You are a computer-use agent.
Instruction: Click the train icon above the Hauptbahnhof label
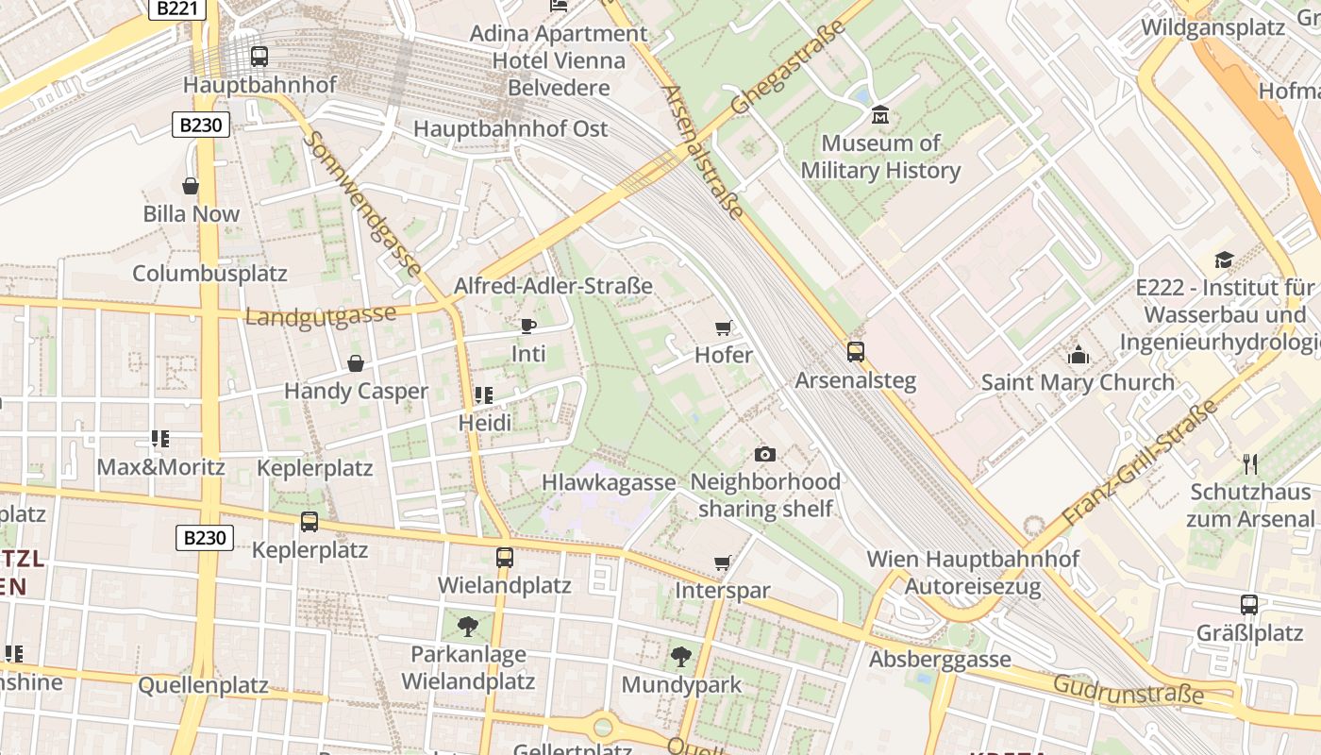pyautogui.click(x=259, y=57)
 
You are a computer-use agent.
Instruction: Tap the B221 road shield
pyautogui.click(x=176, y=8)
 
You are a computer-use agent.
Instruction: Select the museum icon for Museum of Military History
pyautogui.click(x=880, y=115)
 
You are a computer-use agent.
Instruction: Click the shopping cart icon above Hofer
pyautogui.click(x=724, y=327)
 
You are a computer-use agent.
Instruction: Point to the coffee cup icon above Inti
pyautogui.click(x=528, y=326)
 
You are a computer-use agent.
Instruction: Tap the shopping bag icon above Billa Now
pyautogui.click(x=191, y=186)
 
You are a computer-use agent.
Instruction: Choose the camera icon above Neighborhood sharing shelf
pyautogui.click(x=765, y=454)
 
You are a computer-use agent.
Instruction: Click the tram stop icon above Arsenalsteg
pyautogui.click(x=856, y=352)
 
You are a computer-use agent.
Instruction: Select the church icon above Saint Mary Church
pyautogui.click(x=1078, y=355)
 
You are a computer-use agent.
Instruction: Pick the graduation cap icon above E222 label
pyautogui.click(x=1224, y=260)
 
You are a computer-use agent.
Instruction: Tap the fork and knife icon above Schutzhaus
pyautogui.click(x=1251, y=463)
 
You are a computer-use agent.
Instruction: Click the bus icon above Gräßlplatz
pyautogui.click(x=1249, y=604)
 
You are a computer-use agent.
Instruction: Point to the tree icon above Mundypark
pyautogui.click(x=680, y=657)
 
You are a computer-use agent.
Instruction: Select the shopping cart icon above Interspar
pyautogui.click(x=723, y=562)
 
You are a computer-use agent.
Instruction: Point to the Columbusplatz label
pyautogui.click(x=209, y=274)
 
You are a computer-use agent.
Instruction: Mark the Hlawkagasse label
pyautogui.click(x=609, y=482)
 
